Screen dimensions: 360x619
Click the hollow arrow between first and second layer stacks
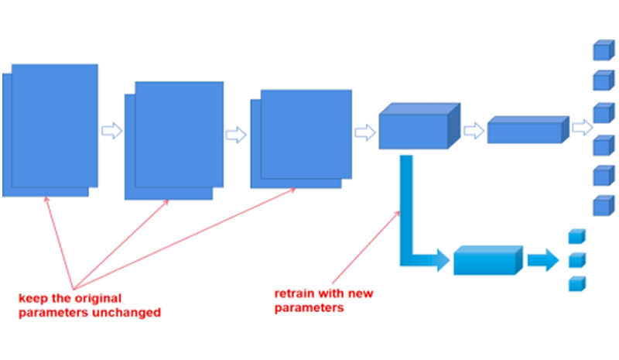112,129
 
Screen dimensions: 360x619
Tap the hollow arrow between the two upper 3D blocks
473,131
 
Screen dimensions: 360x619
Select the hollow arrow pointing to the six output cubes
580,128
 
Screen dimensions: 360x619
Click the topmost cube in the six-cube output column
602,51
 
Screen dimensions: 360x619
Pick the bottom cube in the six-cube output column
602,206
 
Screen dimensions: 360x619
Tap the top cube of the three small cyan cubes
576,236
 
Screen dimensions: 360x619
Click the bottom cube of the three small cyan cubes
576,283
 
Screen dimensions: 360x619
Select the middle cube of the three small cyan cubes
576,259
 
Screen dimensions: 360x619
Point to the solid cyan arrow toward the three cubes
542,260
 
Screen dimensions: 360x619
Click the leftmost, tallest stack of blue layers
51,129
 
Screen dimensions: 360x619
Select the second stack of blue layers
175,139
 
